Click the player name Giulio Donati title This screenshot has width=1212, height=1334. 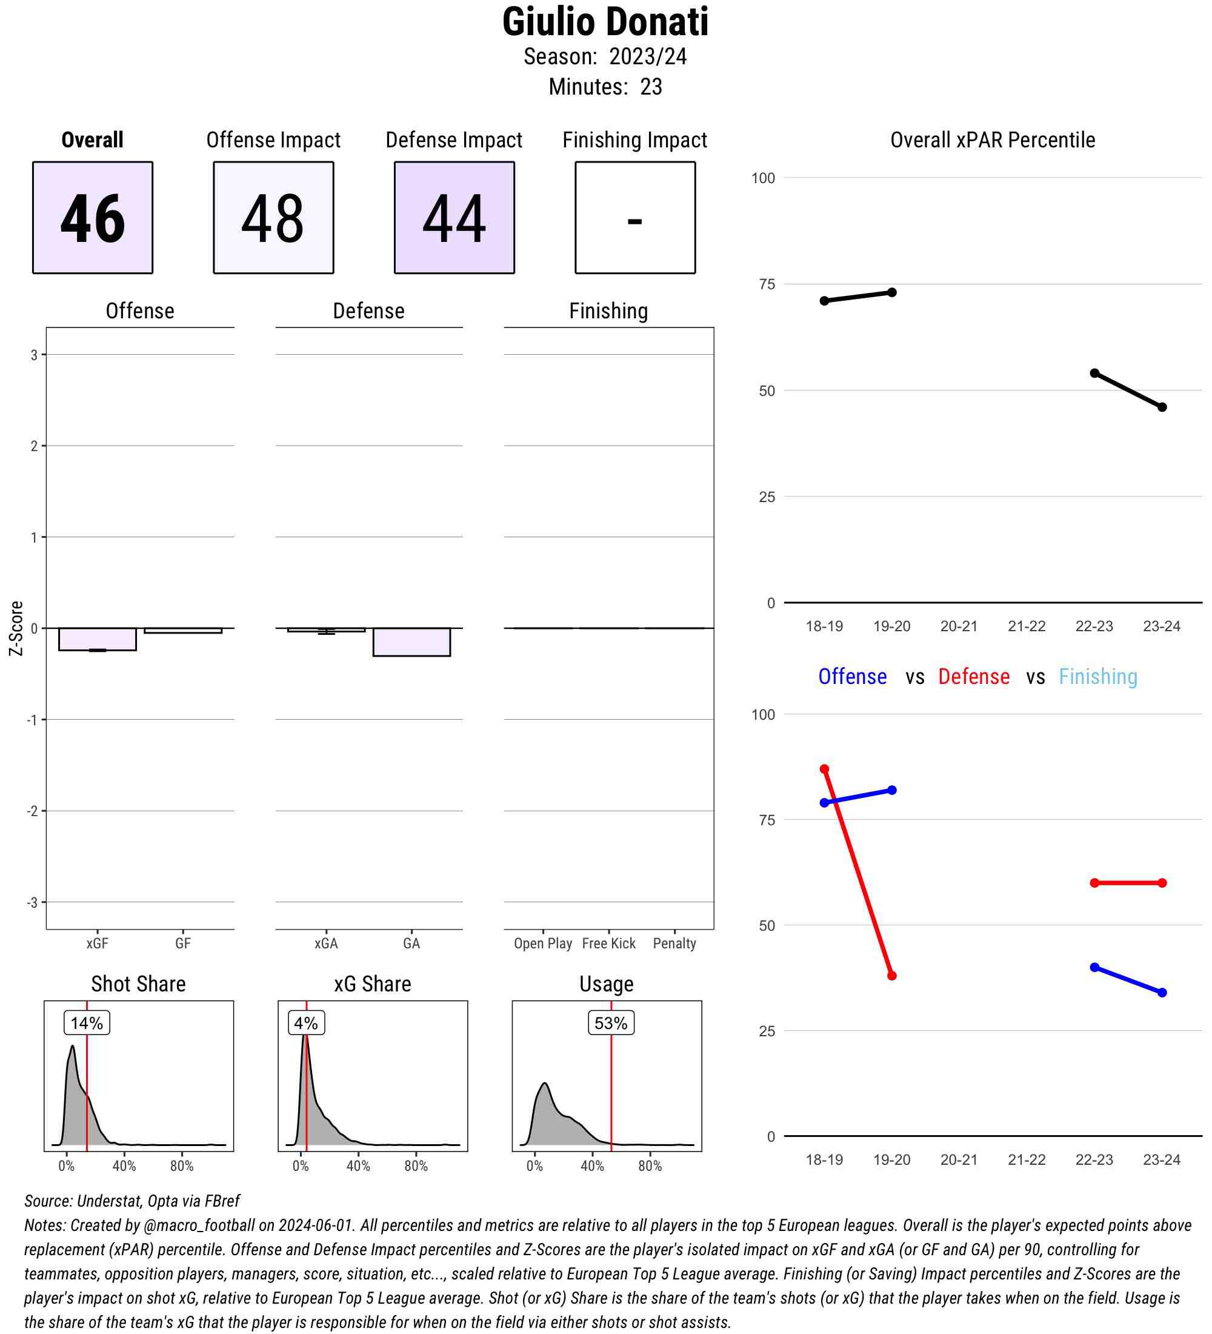pos(605,22)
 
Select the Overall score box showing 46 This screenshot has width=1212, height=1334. pos(93,218)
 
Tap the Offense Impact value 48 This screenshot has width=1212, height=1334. pos(273,218)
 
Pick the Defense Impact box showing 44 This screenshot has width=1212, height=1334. pos(454,218)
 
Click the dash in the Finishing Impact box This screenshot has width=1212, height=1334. pos(634,221)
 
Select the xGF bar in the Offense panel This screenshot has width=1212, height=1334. pos(97,639)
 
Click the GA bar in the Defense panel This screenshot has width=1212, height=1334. pos(411,642)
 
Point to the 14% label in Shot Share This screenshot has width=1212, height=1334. pos(87,1023)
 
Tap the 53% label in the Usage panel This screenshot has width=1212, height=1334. pos(611,1023)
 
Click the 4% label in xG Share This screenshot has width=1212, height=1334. pos(306,1023)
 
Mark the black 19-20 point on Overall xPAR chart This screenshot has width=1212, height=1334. pos(892,292)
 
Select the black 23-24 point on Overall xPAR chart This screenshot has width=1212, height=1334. pos(1162,407)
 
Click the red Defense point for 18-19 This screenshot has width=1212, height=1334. pos(825,769)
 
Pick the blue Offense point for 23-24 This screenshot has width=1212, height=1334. pos(1162,993)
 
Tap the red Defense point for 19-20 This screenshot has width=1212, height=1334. pos(892,976)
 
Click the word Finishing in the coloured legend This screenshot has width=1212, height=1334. pos(1097,676)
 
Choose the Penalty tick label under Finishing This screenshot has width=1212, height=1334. pos(674,943)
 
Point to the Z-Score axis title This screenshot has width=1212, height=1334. pos(16,628)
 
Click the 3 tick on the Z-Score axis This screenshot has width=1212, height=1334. pos(34,355)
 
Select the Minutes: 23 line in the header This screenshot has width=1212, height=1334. pos(605,87)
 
